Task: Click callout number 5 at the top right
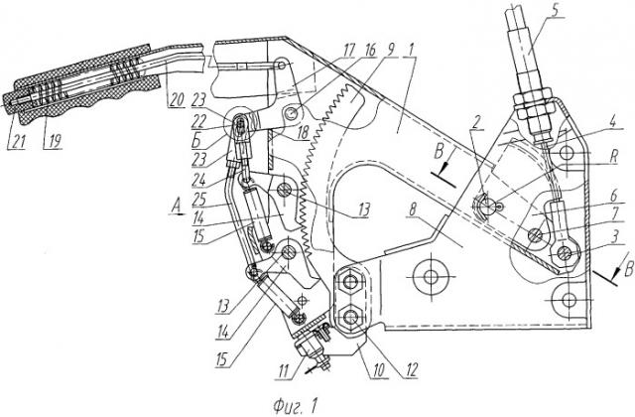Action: pos(556,11)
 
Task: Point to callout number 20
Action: pos(176,100)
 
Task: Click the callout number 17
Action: pos(348,52)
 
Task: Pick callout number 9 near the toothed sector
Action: pos(390,51)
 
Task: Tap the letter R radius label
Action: pos(614,157)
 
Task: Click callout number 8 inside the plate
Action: pos(413,210)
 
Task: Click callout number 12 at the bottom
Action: pos(410,370)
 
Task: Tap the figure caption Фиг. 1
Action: pos(295,405)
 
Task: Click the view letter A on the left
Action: pos(177,208)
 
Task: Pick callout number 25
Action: pos(199,199)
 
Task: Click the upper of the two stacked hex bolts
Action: pos(350,281)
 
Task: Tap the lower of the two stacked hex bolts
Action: pos(350,316)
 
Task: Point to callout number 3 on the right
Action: pos(614,237)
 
